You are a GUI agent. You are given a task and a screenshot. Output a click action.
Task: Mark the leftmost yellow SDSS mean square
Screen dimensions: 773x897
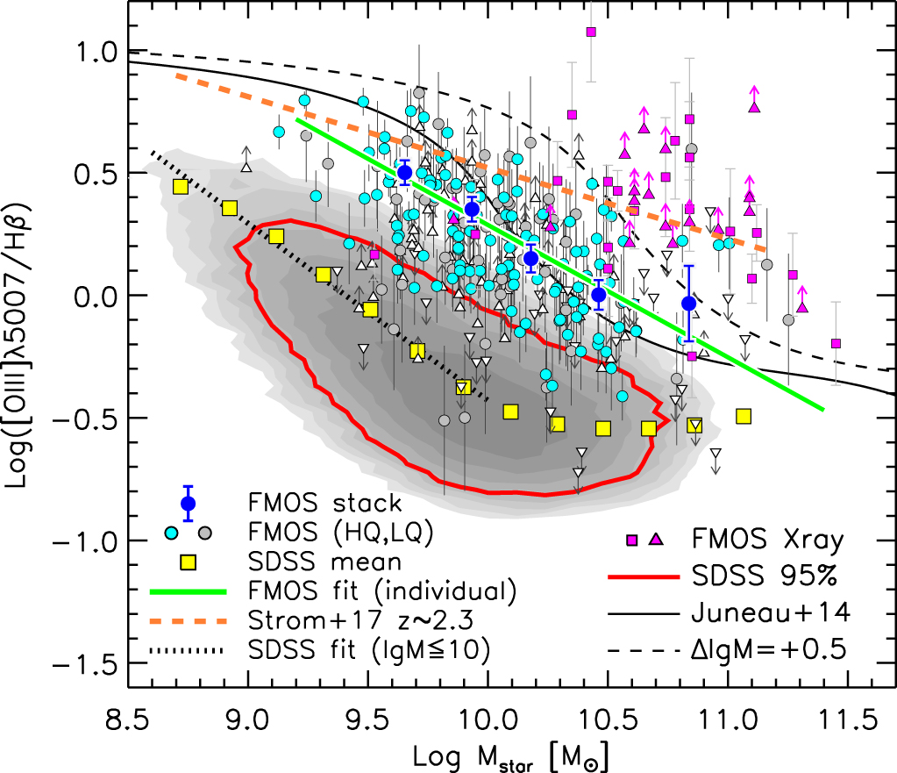[x=182, y=186]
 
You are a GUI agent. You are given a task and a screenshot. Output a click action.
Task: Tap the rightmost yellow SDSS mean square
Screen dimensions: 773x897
[x=744, y=416]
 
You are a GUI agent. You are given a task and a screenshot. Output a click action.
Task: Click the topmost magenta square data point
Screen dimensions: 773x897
[x=591, y=32]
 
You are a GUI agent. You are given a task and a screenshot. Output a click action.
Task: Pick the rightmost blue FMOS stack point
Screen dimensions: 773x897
[x=688, y=303]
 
